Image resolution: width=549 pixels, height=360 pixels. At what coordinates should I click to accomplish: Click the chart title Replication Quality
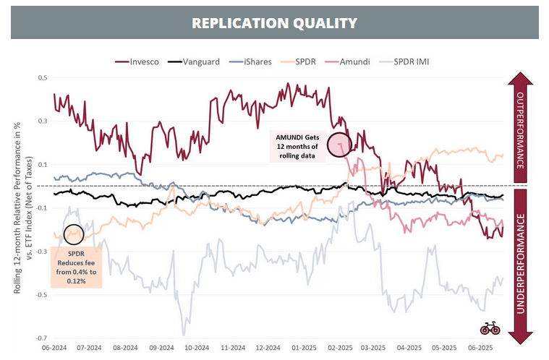[x=274, y=22]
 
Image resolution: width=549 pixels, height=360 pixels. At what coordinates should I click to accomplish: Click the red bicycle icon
[x=490, y=328]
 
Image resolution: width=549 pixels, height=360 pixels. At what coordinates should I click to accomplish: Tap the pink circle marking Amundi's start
[x=339, y=145]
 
